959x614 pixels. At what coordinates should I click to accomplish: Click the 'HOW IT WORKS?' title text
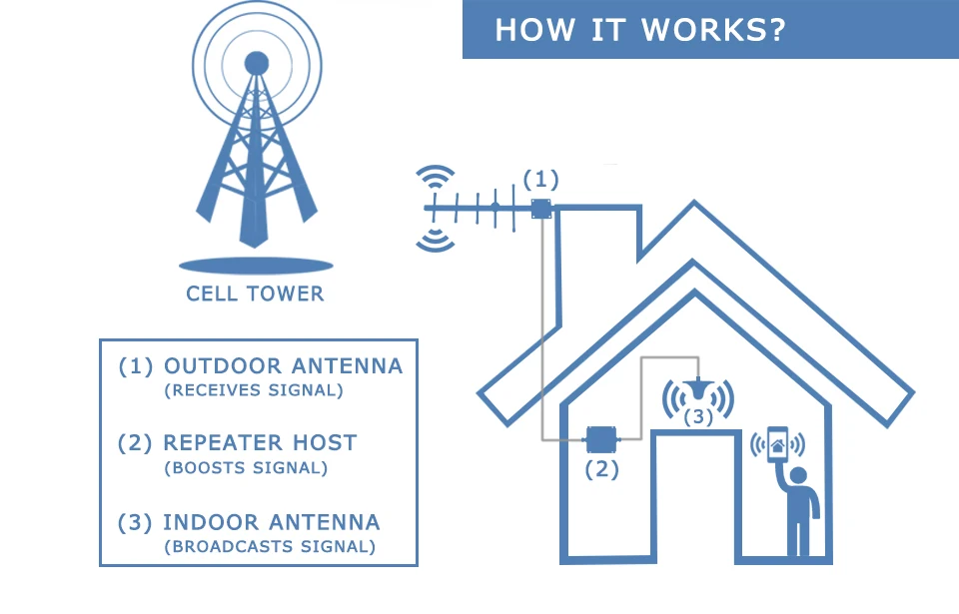[639, 29]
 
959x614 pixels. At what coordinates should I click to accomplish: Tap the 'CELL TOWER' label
[255, 294]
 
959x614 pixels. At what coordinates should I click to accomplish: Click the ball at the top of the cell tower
[257, 62]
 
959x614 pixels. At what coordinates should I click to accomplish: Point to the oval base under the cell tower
[255, 266]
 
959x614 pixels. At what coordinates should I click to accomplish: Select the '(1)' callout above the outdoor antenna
[540, 180]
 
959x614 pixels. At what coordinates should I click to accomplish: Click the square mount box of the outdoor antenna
[541, 209]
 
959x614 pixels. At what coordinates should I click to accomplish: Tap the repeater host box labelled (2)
[600, 438]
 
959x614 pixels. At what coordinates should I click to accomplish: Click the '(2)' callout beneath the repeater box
[601, 469]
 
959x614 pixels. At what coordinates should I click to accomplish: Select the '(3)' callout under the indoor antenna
[698, 416]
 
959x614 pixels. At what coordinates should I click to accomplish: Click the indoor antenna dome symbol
[698, 389]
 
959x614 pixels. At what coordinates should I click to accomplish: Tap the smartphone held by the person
[776, 445]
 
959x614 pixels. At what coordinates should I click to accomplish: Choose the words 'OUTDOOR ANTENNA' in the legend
[283, 366]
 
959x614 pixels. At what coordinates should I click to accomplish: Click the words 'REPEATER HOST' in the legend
[260, 442]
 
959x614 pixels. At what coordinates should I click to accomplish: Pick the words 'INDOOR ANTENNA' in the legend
[271, 522]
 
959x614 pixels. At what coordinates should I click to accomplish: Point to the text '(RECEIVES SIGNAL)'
[254, 390]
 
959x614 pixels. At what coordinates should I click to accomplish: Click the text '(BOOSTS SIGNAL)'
[246, 466]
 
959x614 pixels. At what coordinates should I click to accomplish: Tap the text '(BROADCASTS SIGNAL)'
[270, 546]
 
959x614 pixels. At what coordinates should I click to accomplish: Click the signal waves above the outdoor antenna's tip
[433, 179]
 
